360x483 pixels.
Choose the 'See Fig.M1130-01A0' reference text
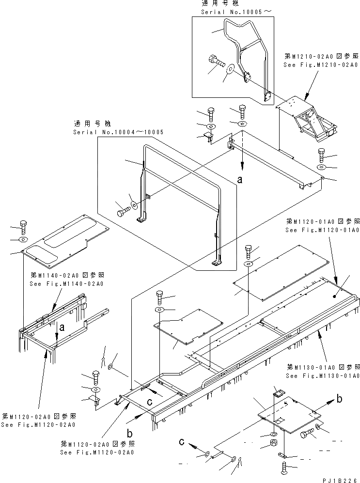322,375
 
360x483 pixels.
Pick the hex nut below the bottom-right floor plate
273,443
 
